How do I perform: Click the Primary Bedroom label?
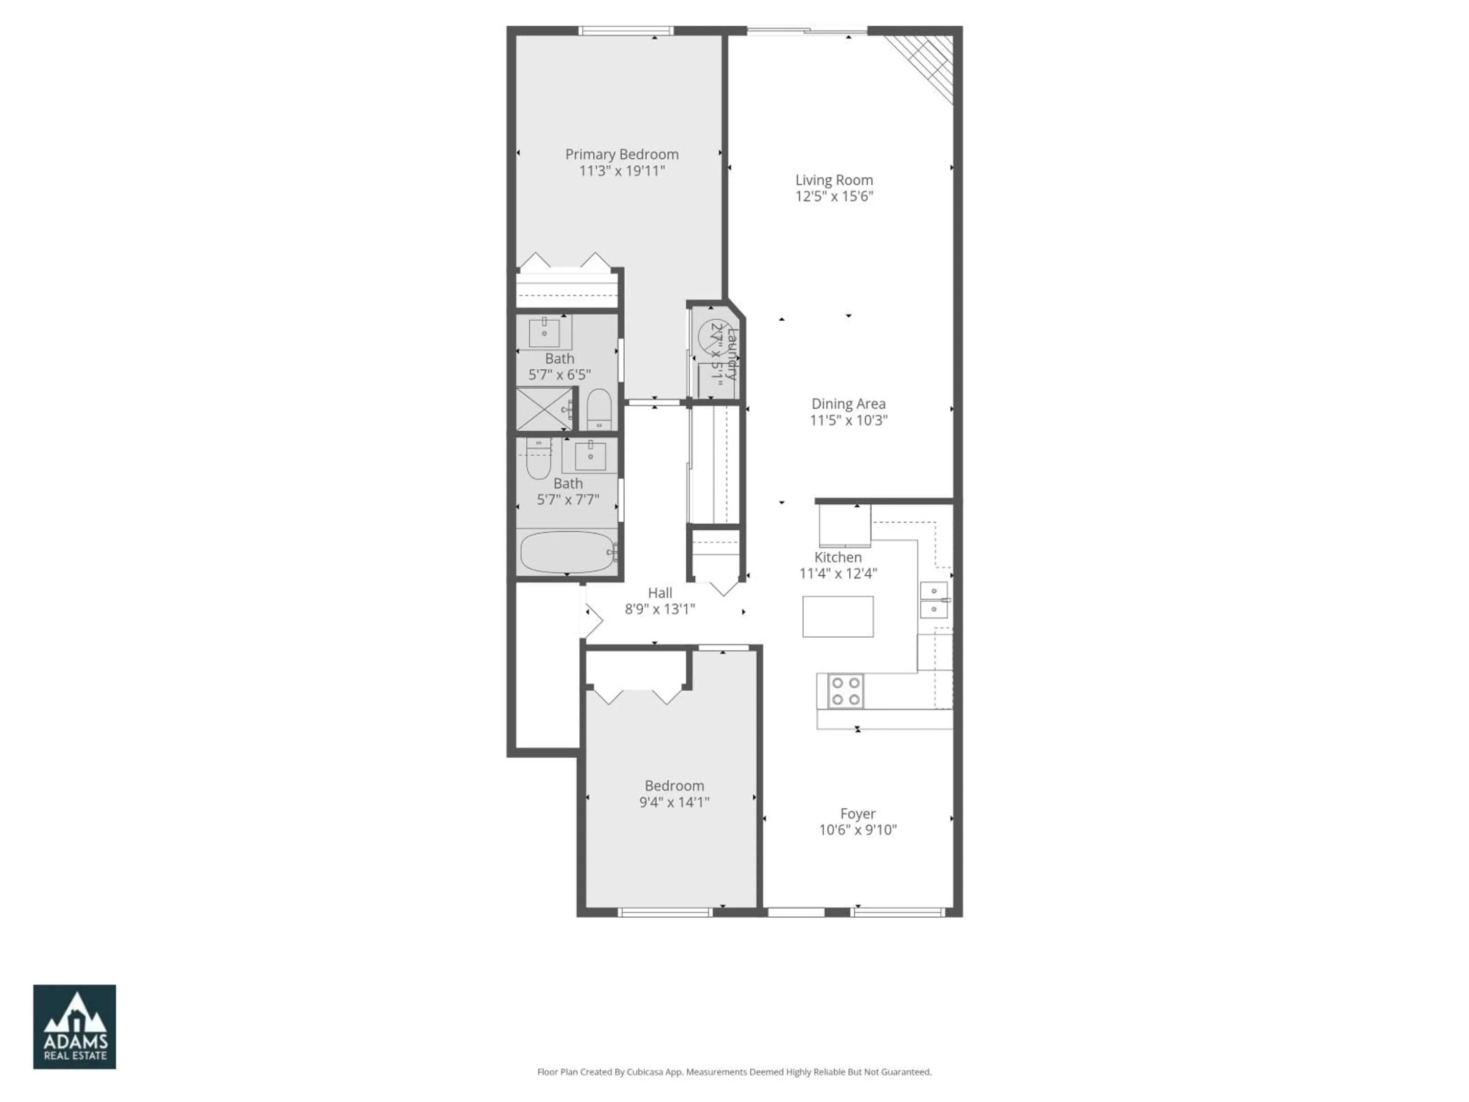point(622,154)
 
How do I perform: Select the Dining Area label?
point(848,404)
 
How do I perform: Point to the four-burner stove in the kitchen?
point(845,691)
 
